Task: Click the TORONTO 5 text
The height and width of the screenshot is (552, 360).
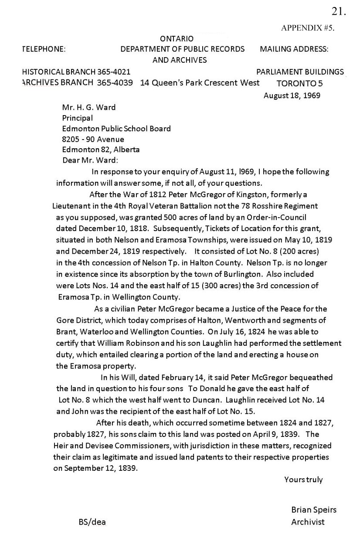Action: [x=299, y=84]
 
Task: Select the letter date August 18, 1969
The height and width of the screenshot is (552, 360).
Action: [x=292, y=95]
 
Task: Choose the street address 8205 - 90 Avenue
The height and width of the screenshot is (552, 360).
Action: [x=93, y=140]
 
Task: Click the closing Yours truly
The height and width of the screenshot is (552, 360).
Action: [x=303, y=480]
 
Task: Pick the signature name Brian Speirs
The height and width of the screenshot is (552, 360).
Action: [x=314, y=510]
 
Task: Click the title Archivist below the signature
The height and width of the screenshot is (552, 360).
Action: [x=308, y=522]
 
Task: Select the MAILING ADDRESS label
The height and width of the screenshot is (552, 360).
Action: [x=294, y=49]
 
